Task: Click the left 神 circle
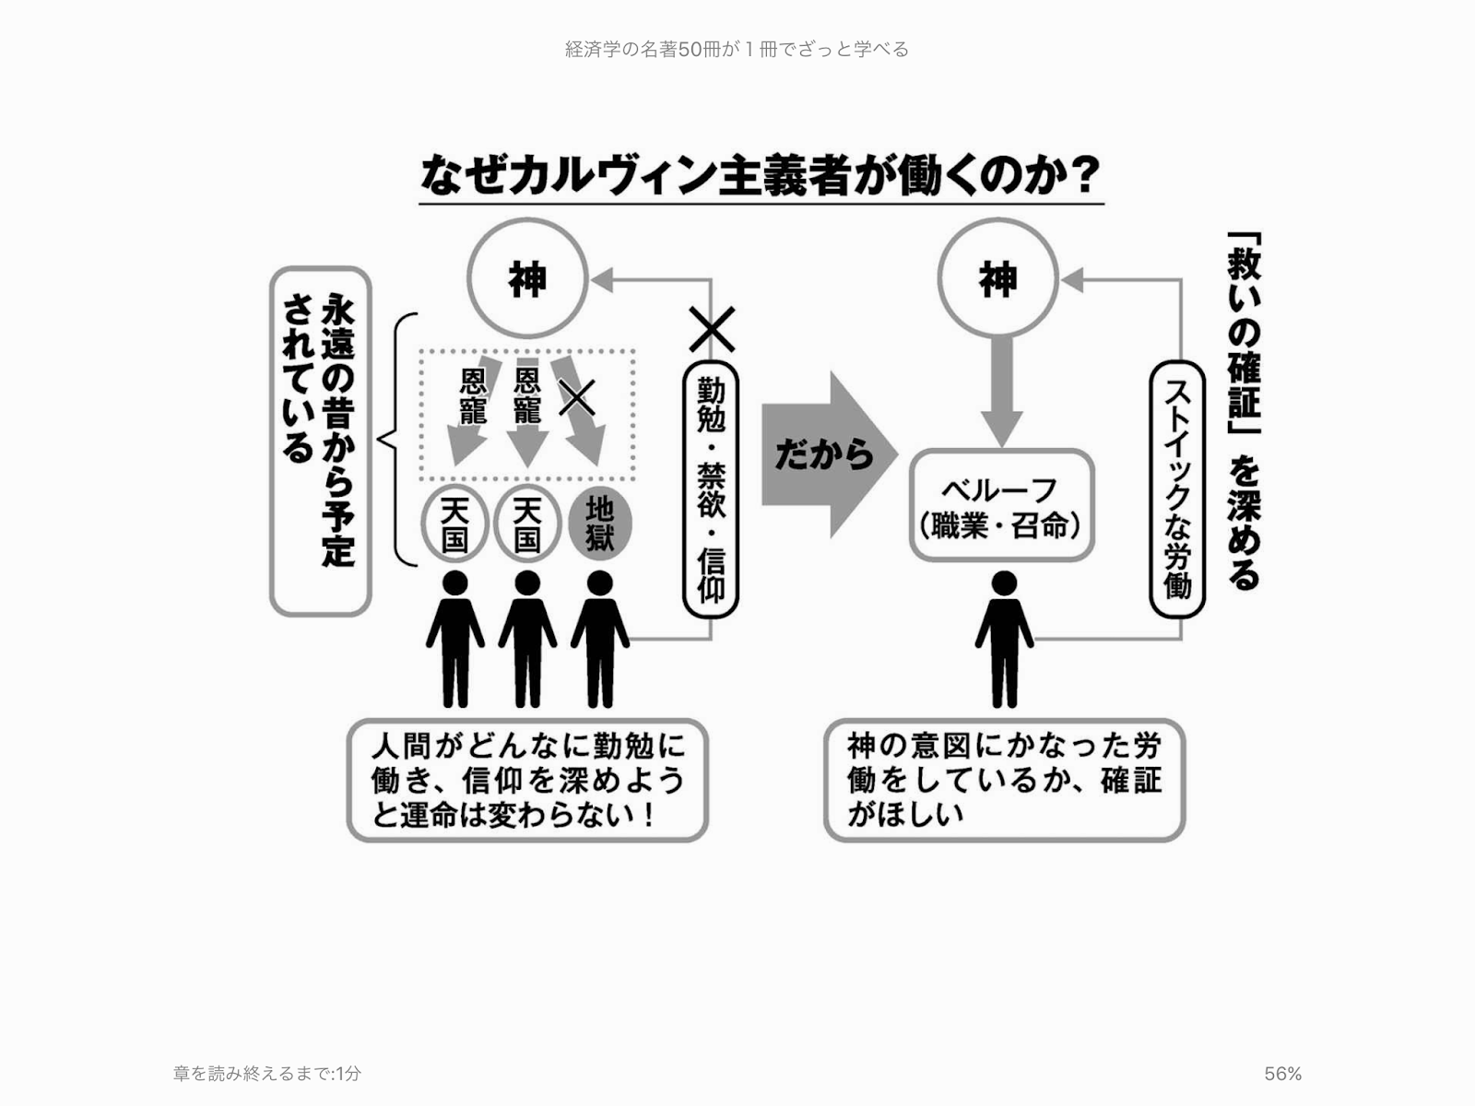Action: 527,278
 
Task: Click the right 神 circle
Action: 997,278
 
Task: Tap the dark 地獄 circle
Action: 599,524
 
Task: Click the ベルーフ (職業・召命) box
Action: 1001,506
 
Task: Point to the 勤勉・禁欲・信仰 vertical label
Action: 711,488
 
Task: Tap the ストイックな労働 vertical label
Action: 1177,488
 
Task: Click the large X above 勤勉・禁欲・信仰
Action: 712,329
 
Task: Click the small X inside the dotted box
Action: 577,397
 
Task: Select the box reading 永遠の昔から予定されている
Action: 320,441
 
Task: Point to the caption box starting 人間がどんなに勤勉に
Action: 526,780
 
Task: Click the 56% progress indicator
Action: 1282,1074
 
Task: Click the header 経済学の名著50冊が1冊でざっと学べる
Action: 737,49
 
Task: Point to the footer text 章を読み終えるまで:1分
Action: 267,1074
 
